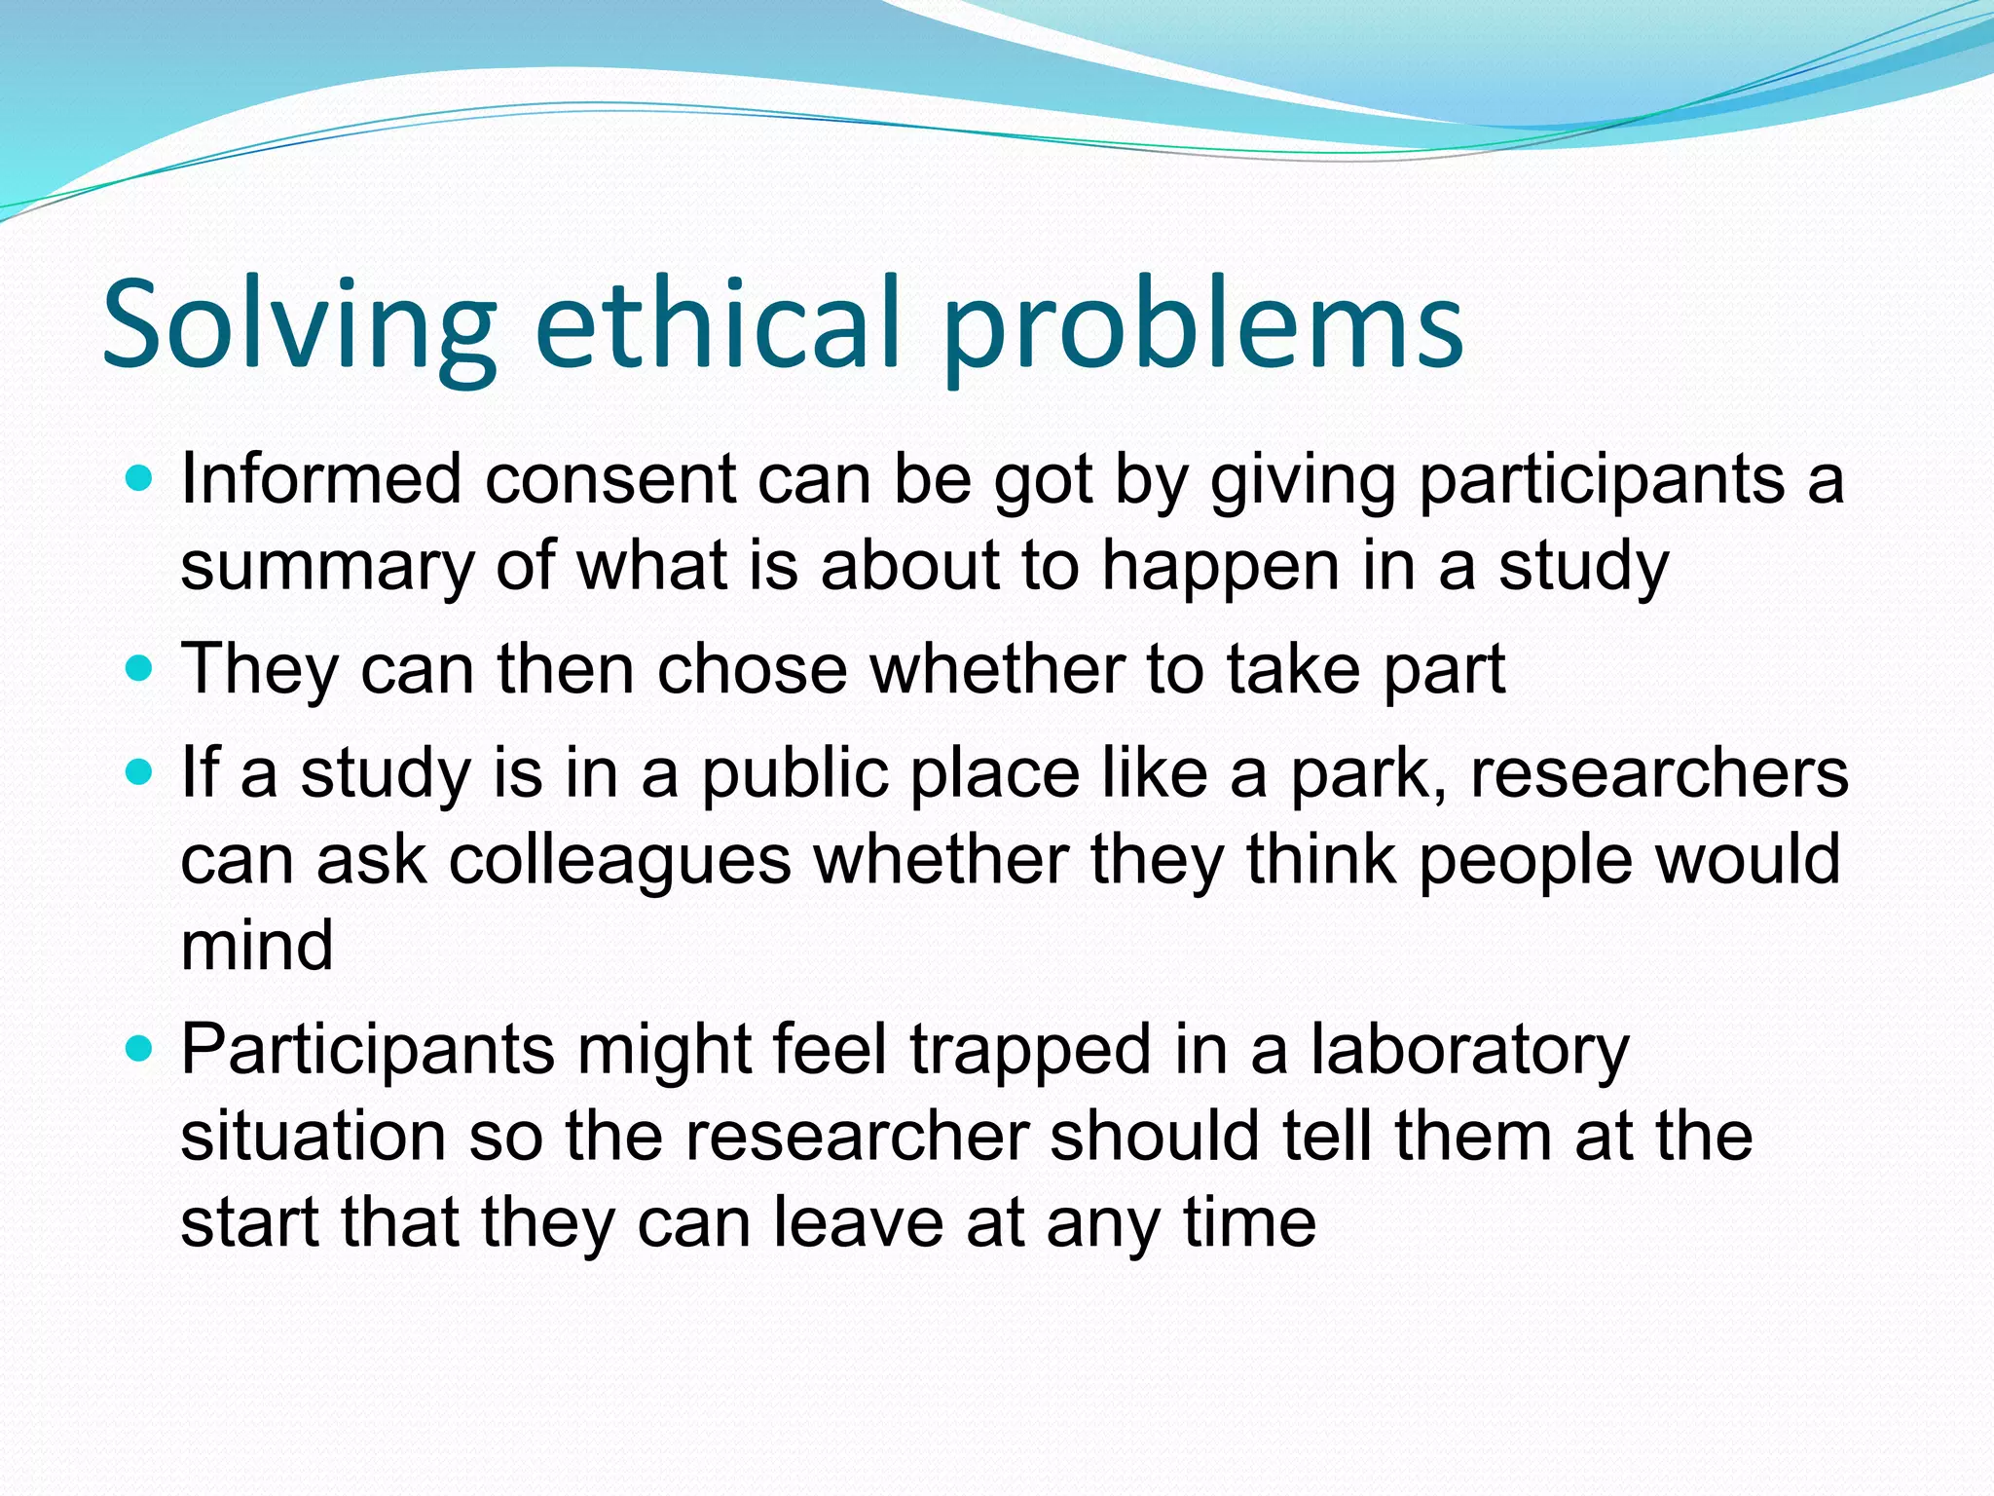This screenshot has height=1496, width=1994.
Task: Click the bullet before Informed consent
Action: (140, 479)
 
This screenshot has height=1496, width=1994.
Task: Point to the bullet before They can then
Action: (140, 669)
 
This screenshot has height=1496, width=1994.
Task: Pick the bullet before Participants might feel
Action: (140, 1050)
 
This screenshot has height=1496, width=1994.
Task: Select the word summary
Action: (326, 568)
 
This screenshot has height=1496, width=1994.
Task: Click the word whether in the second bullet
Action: (997, 669)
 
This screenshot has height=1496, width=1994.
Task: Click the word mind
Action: (257, 946)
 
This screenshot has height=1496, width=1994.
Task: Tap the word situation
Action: (313, 1137)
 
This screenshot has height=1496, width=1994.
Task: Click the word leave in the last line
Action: (858, 1223)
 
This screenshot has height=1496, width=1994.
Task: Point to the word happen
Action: (1221, 568)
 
